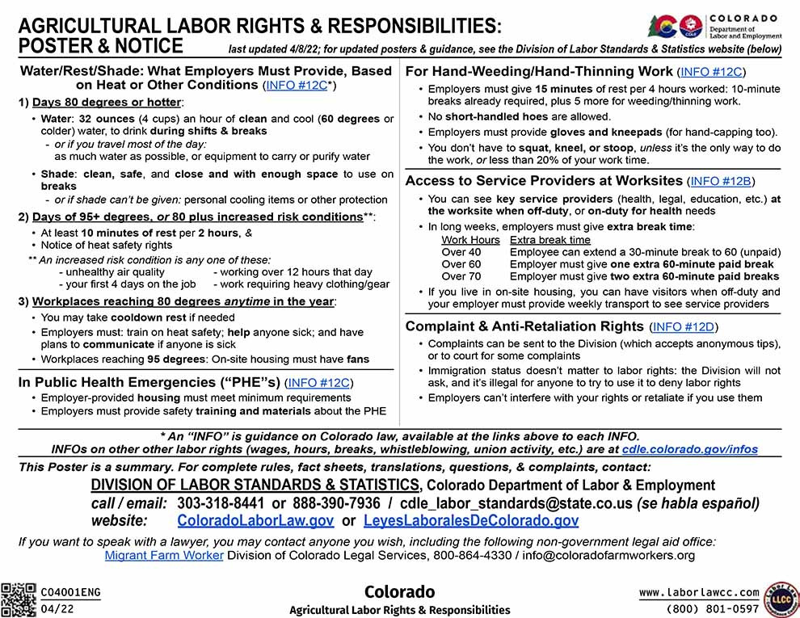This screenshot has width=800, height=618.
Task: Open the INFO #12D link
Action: click(683, 327)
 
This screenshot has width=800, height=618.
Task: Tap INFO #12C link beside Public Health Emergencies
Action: click(320, 382)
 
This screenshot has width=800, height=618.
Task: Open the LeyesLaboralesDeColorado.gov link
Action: click(471, 521)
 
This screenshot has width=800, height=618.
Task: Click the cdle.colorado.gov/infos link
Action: click(689, 449)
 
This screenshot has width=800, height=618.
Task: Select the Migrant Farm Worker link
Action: click(164, 555)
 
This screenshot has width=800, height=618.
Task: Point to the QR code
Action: click(19, 599)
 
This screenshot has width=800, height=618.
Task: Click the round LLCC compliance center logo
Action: click(781, 599)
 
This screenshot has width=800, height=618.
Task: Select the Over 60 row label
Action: click(461, 264)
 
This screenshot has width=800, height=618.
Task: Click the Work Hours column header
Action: click(470, 240)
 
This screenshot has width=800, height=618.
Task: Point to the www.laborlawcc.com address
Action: click(699, 592)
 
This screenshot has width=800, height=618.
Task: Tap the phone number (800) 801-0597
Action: click(712, 608)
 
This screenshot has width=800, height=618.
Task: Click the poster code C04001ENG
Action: click(71, 592)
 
